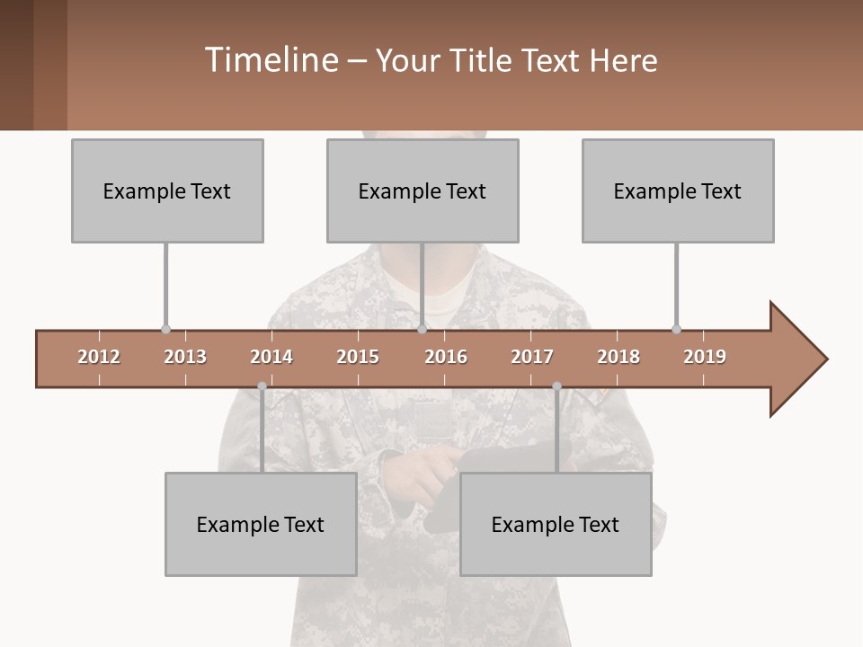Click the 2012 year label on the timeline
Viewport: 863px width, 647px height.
pos(99,357)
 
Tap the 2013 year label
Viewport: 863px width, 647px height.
pos(185,357)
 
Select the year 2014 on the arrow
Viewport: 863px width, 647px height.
pos(271,357)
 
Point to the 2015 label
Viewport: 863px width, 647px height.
pos(358,357)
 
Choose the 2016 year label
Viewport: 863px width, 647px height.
pos(446,357)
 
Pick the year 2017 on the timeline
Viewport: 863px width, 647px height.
pos(532,357)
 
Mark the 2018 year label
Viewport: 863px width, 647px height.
pos(618,357)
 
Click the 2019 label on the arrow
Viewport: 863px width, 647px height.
pos(705,357)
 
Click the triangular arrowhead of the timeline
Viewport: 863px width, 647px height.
pos(796,359)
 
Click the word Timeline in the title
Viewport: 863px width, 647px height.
pos(270,60)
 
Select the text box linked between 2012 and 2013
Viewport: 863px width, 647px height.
pos(167,191)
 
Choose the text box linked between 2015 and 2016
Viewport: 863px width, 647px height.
pos(423,191)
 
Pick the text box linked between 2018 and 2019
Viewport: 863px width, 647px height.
pos(678,191)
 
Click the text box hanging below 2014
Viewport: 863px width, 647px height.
pos(261,524)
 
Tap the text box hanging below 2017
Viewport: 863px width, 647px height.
pos(556,524)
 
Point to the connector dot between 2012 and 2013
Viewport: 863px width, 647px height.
pos(165,329)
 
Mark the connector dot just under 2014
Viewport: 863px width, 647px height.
pos(262,386)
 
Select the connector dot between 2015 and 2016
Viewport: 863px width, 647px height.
pos(422,329)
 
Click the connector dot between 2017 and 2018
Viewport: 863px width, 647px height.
pos(556,386)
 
